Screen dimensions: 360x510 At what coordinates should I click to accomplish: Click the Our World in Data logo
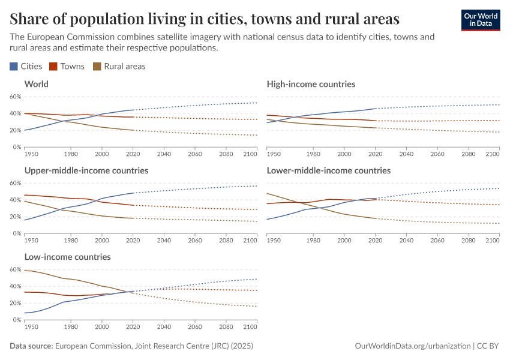tap(480, 20)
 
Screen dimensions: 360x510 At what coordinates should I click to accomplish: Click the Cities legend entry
tap(26, 67)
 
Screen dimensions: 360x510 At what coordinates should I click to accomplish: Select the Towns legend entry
tap(67, 67)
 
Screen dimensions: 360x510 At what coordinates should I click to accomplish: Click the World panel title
tap(37, 84)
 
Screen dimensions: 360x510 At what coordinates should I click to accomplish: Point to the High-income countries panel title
tap(311, 84)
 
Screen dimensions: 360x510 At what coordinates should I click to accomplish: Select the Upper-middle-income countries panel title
tap(86, 170)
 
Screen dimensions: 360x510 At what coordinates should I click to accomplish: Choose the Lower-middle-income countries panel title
tap(329, 170)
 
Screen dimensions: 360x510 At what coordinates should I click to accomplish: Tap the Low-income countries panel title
tap(68, 257)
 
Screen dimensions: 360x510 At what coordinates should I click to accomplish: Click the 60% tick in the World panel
tap(15, 97)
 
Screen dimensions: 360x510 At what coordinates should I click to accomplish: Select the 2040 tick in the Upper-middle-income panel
tap(163, 241)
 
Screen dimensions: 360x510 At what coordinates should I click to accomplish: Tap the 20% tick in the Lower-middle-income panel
tap(257, 217)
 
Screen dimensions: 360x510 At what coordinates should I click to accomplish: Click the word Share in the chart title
tap(28, 19)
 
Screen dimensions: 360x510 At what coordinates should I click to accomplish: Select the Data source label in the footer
tap(31, 346)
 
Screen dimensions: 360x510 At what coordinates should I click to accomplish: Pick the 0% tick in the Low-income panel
tap(17, 320)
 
